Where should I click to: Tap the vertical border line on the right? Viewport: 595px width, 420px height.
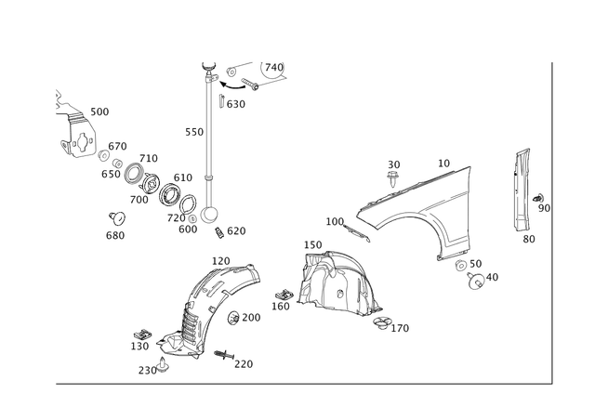[554, 223]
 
